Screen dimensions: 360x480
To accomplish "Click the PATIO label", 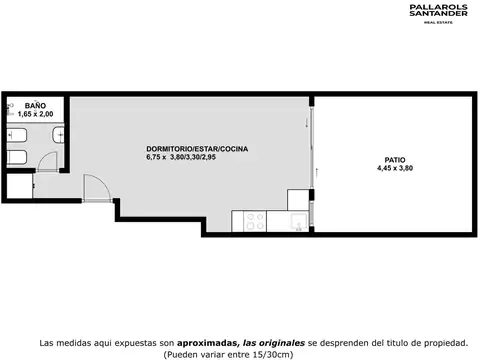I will pyautogui.click(x=394, y=159).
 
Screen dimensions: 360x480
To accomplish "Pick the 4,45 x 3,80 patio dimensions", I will pyautogui.click(x=394, y=168).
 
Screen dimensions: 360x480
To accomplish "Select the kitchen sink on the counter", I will pyautogui.click(x=297, y=220).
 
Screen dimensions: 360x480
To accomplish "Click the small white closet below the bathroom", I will pyautogui.click(x=18, y=186).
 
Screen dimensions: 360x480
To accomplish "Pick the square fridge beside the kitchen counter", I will pyautogui.click(x=298, y=199).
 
